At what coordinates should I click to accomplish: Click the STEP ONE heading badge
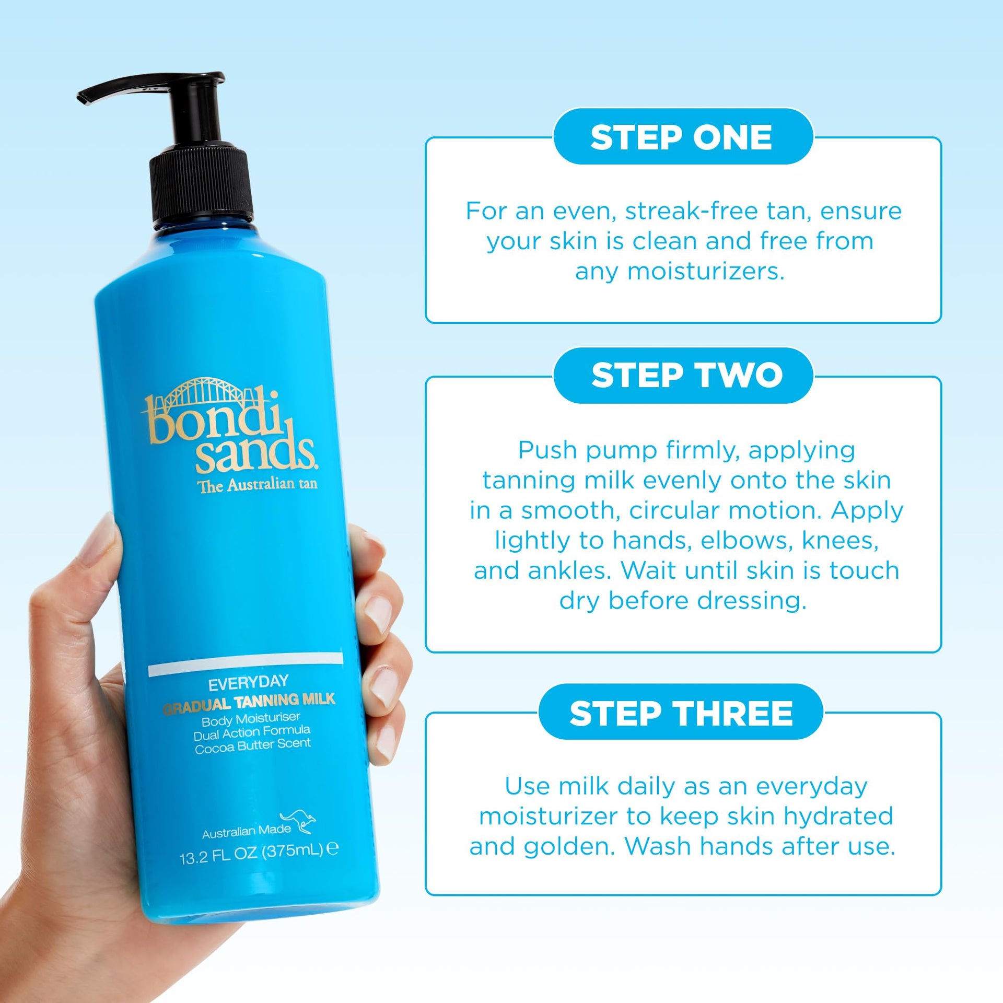click(x=683, y=136)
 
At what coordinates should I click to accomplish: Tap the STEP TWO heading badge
click(x=683, y=375)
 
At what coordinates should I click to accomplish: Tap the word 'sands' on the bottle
click(x=255, y=454)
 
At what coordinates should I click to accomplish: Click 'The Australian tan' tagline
click(x=257, y=485)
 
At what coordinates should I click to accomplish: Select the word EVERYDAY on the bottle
click(x=248, y=683)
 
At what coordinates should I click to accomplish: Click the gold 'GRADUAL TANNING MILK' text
click(x=249, y=703)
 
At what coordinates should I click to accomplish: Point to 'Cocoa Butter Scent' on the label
click(x=253, y=746)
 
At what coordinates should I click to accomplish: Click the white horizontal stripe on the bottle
click(x=246, y=664)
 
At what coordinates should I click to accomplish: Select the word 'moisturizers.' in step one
click(x=706, y=272)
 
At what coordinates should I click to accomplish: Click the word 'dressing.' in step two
click(x=752, y=601)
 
